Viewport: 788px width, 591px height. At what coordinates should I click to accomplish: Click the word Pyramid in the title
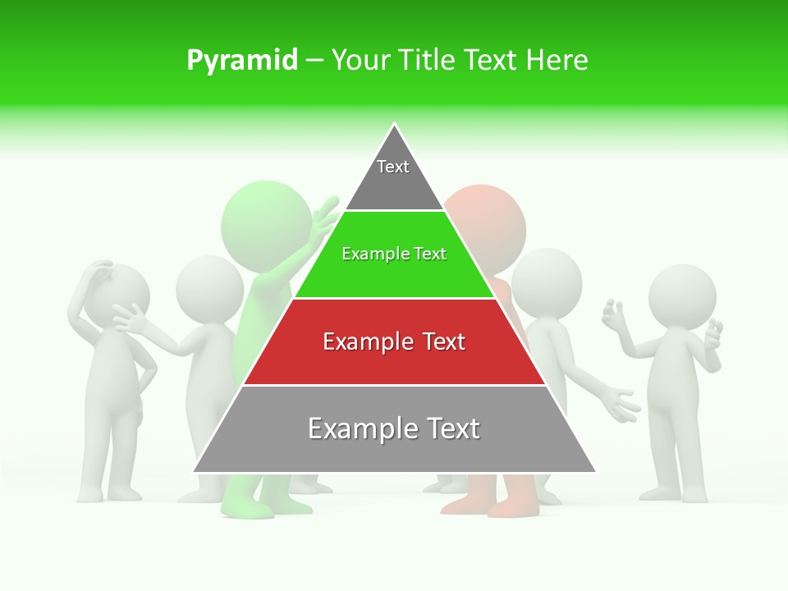click(x=242, y=61)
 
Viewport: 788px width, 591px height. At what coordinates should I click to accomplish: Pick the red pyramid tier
click(x=394, y=342)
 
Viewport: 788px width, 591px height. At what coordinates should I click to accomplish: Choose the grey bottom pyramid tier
click(x=394, y=430)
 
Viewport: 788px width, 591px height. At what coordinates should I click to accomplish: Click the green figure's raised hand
click(x=326, y=213)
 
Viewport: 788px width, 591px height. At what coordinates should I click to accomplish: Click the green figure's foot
click(x=246, y=508)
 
